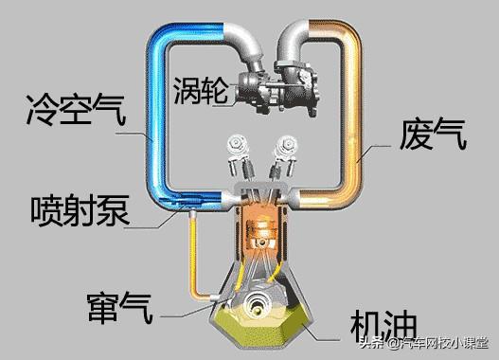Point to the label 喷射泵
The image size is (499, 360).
click(81, 207)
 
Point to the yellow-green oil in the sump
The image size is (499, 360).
click(294, 322)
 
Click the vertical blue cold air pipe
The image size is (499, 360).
click(156, 114)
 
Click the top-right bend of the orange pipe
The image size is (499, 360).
click(356, 33)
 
